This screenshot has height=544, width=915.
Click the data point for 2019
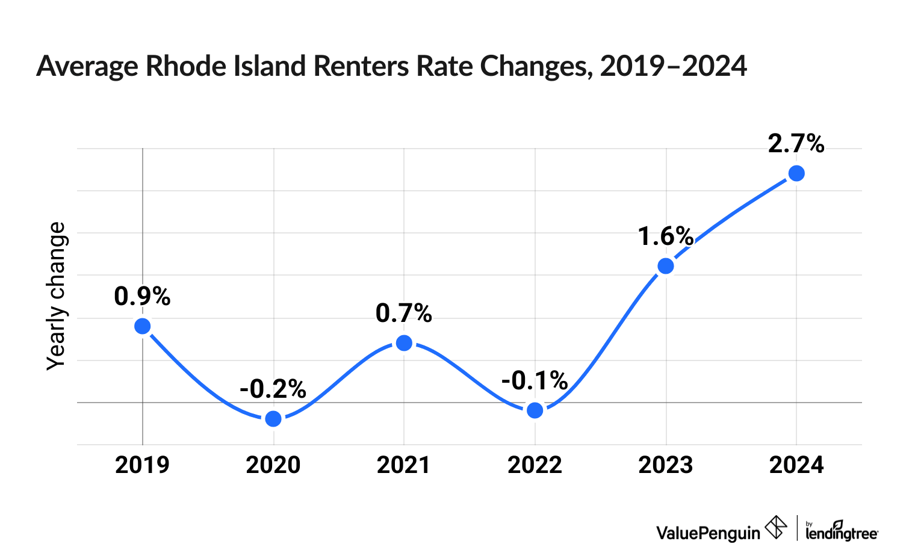[142, 326]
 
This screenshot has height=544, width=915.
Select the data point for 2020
[273, 419]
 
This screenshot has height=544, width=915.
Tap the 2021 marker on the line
[404, 343]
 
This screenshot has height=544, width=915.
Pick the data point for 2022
[535, 410]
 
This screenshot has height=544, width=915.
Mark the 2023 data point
[666, 266]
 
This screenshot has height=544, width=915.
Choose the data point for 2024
[796, 173]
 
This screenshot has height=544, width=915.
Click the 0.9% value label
[142, 297]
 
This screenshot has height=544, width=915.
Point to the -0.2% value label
[273, 389]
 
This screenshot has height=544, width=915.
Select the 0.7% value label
[404, 314]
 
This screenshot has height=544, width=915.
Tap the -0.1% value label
[535, 381]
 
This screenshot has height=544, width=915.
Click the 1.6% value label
[666, 236]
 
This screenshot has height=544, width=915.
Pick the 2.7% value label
[796, 144]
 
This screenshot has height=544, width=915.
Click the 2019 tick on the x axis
[142, 465]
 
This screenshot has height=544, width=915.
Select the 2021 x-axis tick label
[404, 465]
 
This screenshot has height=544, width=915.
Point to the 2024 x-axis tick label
[796, 465]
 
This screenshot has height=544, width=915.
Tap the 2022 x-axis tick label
[535, 465]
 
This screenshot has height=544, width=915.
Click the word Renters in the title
[361, 66]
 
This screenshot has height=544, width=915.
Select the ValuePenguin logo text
[708, 533]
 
